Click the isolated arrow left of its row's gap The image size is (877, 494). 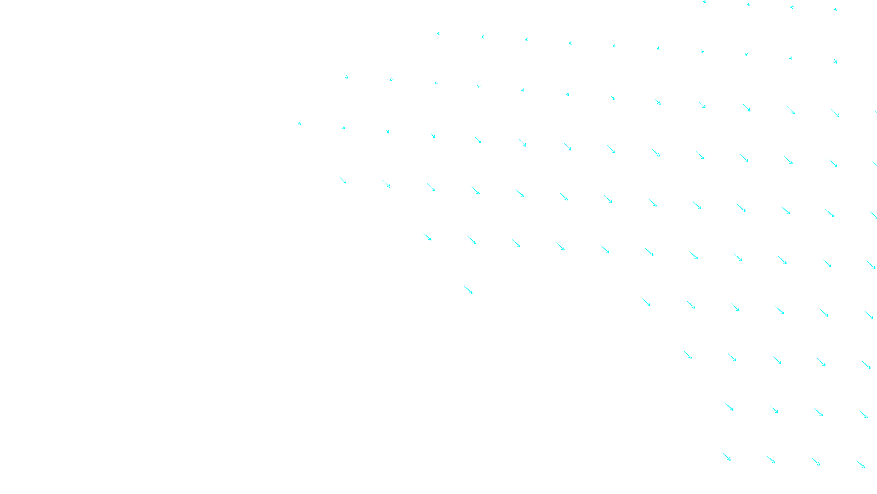468,290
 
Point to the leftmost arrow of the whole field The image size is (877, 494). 300,124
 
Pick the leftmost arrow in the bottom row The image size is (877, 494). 727,457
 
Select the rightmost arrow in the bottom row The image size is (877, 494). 861,464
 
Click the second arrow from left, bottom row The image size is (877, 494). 771,459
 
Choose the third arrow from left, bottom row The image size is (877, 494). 816,462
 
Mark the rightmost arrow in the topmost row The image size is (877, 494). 835,9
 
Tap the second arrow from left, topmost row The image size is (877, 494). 748,4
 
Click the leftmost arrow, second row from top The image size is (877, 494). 438,33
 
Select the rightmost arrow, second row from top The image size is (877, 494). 835,61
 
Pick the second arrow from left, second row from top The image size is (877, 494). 483,37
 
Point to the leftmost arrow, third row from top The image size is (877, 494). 346,77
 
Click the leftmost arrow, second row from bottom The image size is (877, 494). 729,407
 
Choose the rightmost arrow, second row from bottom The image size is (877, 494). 863,414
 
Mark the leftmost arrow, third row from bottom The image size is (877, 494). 687,355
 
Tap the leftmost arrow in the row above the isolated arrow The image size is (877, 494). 427,237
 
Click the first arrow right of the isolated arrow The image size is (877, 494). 646,302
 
